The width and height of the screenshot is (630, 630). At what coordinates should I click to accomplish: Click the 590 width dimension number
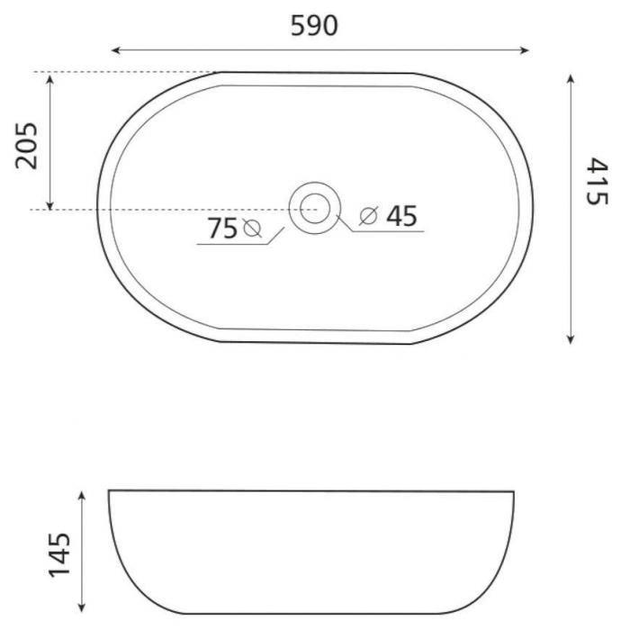click(x=314, y=26)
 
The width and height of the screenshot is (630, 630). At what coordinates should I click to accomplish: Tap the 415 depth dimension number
click(x=598, y=181)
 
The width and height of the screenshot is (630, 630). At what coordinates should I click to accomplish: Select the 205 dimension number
click(x=26, y=146)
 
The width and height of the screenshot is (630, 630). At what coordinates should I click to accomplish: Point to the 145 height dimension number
click(x=59, y=555)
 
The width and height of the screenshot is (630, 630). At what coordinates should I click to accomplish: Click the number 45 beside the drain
click(x=401, y=216)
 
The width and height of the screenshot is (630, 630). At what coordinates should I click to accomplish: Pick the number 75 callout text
click(x=222, y=229)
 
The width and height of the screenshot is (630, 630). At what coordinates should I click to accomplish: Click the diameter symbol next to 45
click(x=369, y=216)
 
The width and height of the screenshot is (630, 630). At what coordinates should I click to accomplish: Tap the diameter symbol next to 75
click(x=252, y=229)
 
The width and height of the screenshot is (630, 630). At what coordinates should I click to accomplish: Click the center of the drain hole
click(x=315, y=208)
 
